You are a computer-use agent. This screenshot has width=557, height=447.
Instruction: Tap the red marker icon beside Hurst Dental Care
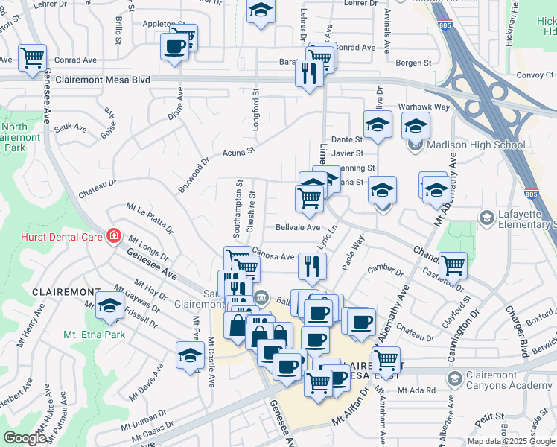click(x=113, y=236)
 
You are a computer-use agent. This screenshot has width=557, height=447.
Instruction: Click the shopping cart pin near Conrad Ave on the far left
click(x=32, y=57)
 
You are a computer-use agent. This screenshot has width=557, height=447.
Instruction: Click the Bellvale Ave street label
click(x=297, y=227)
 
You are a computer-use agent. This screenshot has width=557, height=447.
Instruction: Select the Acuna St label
click(x=238, y=152)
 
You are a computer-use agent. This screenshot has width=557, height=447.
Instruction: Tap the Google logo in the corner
click(x=25, y=438)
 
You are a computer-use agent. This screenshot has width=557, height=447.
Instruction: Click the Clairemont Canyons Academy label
click(x=509, y=380)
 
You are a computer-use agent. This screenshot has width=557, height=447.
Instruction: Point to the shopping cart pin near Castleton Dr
click(x=452, y=264)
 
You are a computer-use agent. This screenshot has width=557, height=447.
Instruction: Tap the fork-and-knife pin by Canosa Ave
click(x=312, y=264)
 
